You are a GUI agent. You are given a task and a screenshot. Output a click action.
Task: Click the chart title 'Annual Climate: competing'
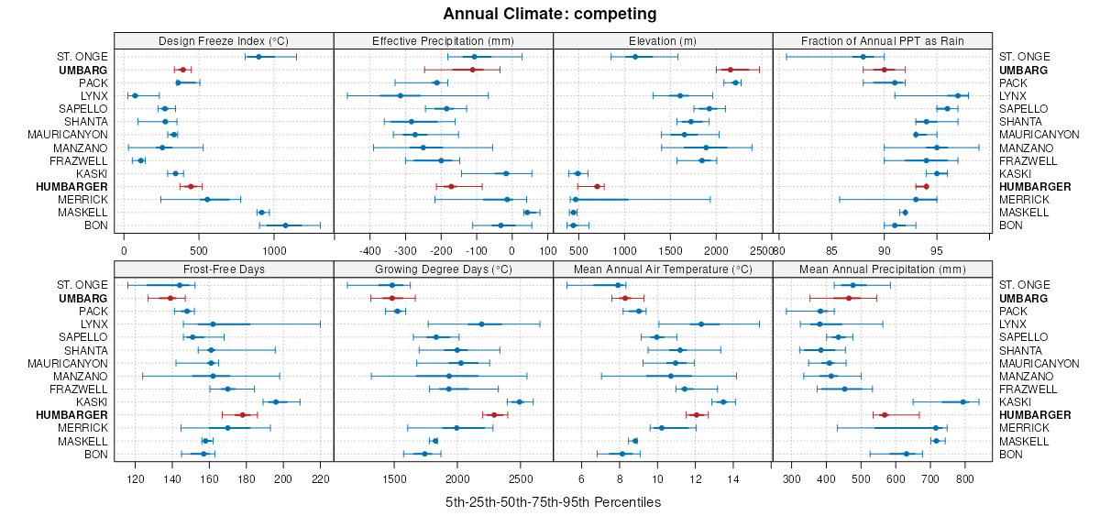point(549,14)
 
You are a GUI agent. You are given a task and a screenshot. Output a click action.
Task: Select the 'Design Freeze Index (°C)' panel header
point(224,40)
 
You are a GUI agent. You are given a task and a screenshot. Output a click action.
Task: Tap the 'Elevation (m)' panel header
point(663,40)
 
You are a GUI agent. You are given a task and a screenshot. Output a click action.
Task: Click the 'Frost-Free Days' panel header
point(224,269)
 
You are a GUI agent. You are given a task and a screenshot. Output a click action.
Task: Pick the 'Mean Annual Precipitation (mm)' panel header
point(883,269)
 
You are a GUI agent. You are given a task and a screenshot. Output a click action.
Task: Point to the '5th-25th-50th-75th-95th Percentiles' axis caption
point(553,502)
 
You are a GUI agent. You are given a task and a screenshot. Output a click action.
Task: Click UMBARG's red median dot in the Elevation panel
point(731,70)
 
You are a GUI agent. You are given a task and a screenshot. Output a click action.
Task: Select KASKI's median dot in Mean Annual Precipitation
point(962,401)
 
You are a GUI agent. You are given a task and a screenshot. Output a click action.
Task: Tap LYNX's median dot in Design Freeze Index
point(135,95)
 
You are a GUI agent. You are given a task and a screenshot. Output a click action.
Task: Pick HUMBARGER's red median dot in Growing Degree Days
point(494,414)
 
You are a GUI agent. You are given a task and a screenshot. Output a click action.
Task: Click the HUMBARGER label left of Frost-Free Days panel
point(76,414)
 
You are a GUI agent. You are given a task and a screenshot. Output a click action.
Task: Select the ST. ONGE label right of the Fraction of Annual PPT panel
point(1025,57)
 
